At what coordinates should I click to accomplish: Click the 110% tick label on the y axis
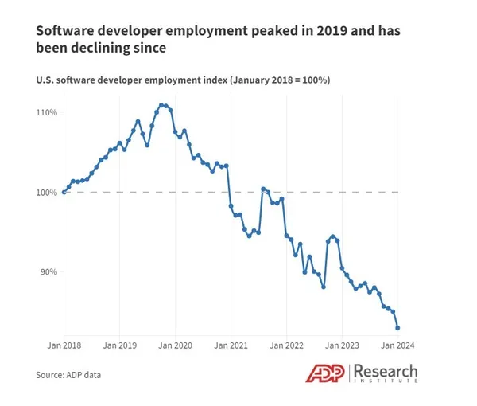47,112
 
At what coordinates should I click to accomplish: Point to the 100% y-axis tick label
47,192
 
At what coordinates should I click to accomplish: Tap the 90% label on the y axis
48,271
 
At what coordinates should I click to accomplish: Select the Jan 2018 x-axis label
64,345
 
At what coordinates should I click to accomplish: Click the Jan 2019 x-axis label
119,345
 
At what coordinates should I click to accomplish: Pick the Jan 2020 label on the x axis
175,345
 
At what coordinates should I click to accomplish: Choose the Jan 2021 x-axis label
231,345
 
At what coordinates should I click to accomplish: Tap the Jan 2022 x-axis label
286,345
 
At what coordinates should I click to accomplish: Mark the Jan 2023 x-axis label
342,345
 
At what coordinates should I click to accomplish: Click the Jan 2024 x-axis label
397,345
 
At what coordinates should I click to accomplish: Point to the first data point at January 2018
64,192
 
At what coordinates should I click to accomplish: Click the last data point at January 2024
397,327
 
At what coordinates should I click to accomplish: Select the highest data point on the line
161,104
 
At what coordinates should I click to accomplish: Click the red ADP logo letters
326,373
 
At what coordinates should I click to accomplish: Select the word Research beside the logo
386,370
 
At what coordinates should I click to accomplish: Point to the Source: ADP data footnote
68,374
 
